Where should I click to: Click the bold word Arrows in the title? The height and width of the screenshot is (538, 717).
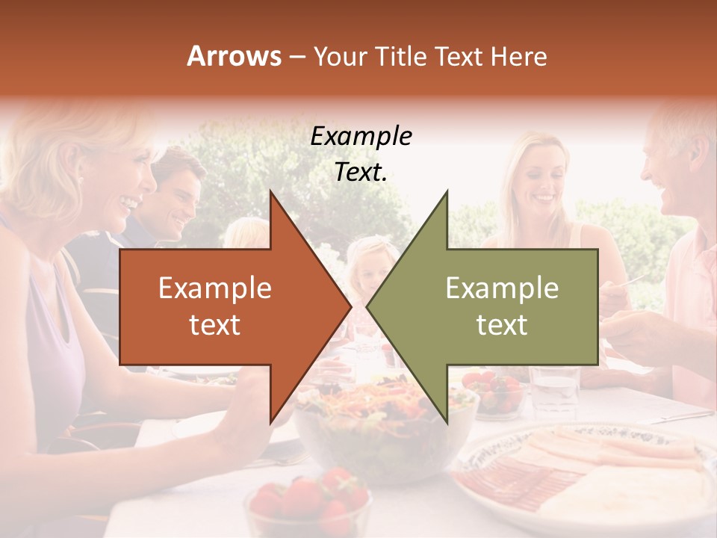pos(235,56)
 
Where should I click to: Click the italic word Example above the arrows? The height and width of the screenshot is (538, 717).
pos(361,136)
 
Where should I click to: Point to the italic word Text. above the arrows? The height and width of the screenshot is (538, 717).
pos(361,172)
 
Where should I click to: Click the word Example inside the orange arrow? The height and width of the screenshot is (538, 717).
pos(215,288)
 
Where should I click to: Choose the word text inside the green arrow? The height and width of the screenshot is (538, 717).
pos(502,324)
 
